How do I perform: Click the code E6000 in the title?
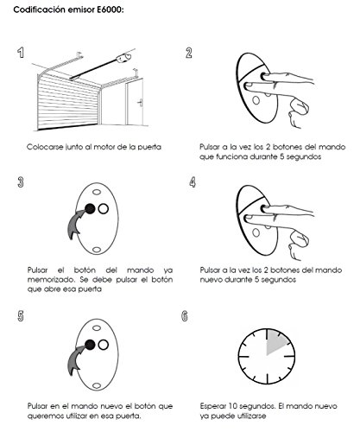point(110,10)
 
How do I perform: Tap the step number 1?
point(21,53)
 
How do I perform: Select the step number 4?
point(193,182)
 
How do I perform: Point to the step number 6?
point(185,316)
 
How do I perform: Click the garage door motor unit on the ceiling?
point(123,58)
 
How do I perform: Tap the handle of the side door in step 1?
point(141,103)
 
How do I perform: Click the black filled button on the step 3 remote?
point(90,208)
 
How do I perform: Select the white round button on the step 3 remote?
point(103,208)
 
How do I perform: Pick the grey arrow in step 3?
point(75,224)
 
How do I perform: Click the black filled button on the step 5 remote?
point(90,345)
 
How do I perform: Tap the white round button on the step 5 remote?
point(103,345)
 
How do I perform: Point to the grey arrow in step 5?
point(75,360)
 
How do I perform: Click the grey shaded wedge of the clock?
point(275,343)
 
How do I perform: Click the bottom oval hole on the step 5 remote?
point(97,385)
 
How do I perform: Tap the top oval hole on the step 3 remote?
point(97,192)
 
